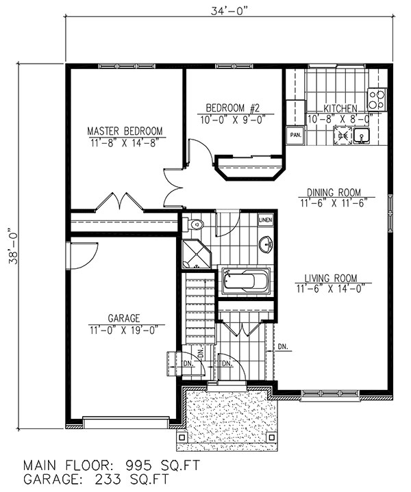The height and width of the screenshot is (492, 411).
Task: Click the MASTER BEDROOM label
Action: pyautogui.click(x=124, y=131)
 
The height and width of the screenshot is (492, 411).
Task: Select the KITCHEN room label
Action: pyautogui.click(x=340, y=108)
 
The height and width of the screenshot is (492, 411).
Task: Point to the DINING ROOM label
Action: pyautogui.click(x=334, y=192)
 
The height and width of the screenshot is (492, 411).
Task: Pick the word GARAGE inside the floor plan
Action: pyautogui.click(x=123, y=318)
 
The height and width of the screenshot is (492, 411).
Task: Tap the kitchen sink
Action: pyautogui.click(x=361, y=137)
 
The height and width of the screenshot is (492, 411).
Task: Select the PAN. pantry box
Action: pyautogui.click(x=295, y=135)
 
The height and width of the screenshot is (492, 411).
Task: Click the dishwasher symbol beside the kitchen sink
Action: pyautogui.click(x=340, y=136)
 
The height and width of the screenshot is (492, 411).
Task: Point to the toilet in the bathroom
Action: pyautogui.click(x=194, y=223)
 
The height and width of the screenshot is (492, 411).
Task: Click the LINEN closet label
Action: pyautogui.click(x=265, y=220)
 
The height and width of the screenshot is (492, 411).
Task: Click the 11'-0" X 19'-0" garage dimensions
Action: pyautogui.click(x=123, y=329)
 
